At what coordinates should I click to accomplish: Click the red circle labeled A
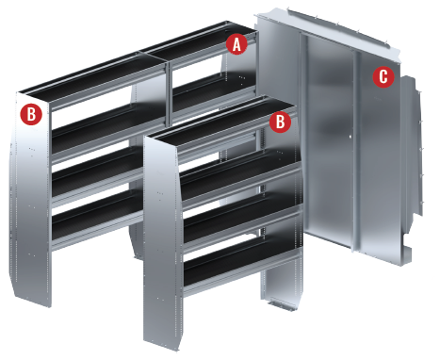point(236,44)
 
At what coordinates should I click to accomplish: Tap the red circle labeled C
point(383,76)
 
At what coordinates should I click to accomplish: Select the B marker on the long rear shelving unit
point(31,114)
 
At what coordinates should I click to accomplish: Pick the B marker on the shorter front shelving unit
point(280,122)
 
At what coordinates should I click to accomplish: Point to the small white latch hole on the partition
point(350,137)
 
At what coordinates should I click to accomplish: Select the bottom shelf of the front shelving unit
point(242,267)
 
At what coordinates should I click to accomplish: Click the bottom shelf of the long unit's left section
point(97,220)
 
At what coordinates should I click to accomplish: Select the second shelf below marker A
point(214,94)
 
